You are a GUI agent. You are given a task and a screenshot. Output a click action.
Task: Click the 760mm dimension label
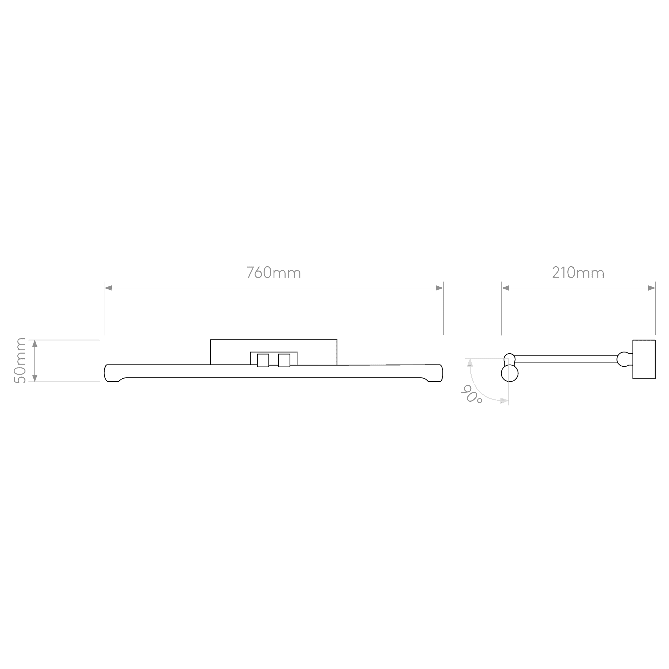[274, 273]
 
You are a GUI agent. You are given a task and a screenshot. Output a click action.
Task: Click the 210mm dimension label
[578, 273]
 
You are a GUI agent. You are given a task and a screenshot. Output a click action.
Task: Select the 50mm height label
[20, 361]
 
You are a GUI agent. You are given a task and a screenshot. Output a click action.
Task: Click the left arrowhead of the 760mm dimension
[108, 288]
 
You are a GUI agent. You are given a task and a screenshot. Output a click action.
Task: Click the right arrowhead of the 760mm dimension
[439, 288]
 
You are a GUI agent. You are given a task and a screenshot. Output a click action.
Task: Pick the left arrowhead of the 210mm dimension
[505, 288]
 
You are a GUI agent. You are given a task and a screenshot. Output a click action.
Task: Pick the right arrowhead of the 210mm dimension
[651, 288]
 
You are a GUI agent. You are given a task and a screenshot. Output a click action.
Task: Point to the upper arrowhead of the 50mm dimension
[35, 344]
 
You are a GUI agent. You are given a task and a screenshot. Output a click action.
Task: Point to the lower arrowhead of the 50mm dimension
[35, 378]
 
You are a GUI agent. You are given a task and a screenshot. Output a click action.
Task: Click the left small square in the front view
[263, 360]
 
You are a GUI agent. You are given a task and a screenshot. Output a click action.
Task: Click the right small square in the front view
[284, 360]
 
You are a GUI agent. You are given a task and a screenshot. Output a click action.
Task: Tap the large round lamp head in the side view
[510, 373]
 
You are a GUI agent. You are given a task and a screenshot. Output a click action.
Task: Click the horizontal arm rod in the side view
[567, 359]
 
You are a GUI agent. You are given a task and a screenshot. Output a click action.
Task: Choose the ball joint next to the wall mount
[623, 359]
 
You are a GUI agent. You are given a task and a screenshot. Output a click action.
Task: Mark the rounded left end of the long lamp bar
[107, 373]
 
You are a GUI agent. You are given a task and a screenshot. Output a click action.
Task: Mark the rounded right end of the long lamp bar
[440, 373]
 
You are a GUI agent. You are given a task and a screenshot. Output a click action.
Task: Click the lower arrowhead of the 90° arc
[504, 401]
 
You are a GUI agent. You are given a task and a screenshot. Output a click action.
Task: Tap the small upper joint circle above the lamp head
[510, 358]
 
